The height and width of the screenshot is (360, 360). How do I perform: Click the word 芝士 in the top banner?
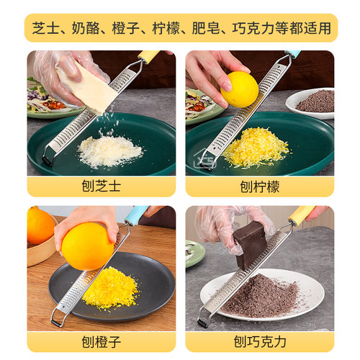45,29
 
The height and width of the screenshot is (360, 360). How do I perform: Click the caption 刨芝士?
101,186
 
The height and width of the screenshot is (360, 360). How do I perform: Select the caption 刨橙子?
101,341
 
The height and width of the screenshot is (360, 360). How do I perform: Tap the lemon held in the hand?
239,89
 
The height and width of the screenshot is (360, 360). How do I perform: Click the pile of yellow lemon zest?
256,147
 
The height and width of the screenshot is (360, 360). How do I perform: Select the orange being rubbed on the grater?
86,246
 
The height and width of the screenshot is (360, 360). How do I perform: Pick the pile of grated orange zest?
109,288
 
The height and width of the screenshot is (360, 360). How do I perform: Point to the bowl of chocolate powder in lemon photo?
315,102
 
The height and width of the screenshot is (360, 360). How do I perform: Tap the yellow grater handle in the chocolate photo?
301,215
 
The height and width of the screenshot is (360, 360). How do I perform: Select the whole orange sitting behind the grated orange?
40,225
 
